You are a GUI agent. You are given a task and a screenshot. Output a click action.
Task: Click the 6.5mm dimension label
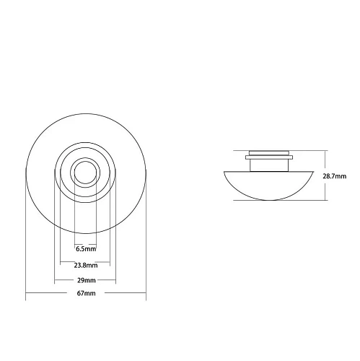coord(86,249)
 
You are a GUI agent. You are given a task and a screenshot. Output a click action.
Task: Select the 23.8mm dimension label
coord(86,266)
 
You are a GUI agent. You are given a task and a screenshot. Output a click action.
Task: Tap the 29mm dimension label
coord(87,280)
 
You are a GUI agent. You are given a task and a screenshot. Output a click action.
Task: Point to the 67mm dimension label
coord(86,293)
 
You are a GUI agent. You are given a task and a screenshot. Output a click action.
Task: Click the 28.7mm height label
coord(335,176)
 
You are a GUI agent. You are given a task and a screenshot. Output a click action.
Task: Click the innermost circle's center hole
coord(86,173)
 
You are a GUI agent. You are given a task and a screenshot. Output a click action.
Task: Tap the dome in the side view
coord(268,186)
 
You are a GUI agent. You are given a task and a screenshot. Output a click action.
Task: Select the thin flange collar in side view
coord(269,157)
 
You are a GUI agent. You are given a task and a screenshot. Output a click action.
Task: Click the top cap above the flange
coord(269,153)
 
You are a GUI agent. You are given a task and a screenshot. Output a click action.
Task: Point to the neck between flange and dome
coord(269,165)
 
